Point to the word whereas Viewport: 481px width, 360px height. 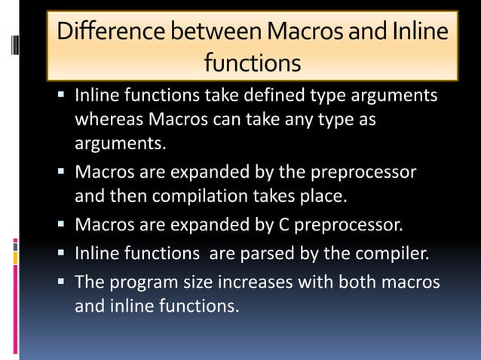pos(108,121)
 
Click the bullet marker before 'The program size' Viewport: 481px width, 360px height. pos(62,282)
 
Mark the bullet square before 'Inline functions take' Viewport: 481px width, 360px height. pos(62,96)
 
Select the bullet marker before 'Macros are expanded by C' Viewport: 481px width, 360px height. pos(62,224)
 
